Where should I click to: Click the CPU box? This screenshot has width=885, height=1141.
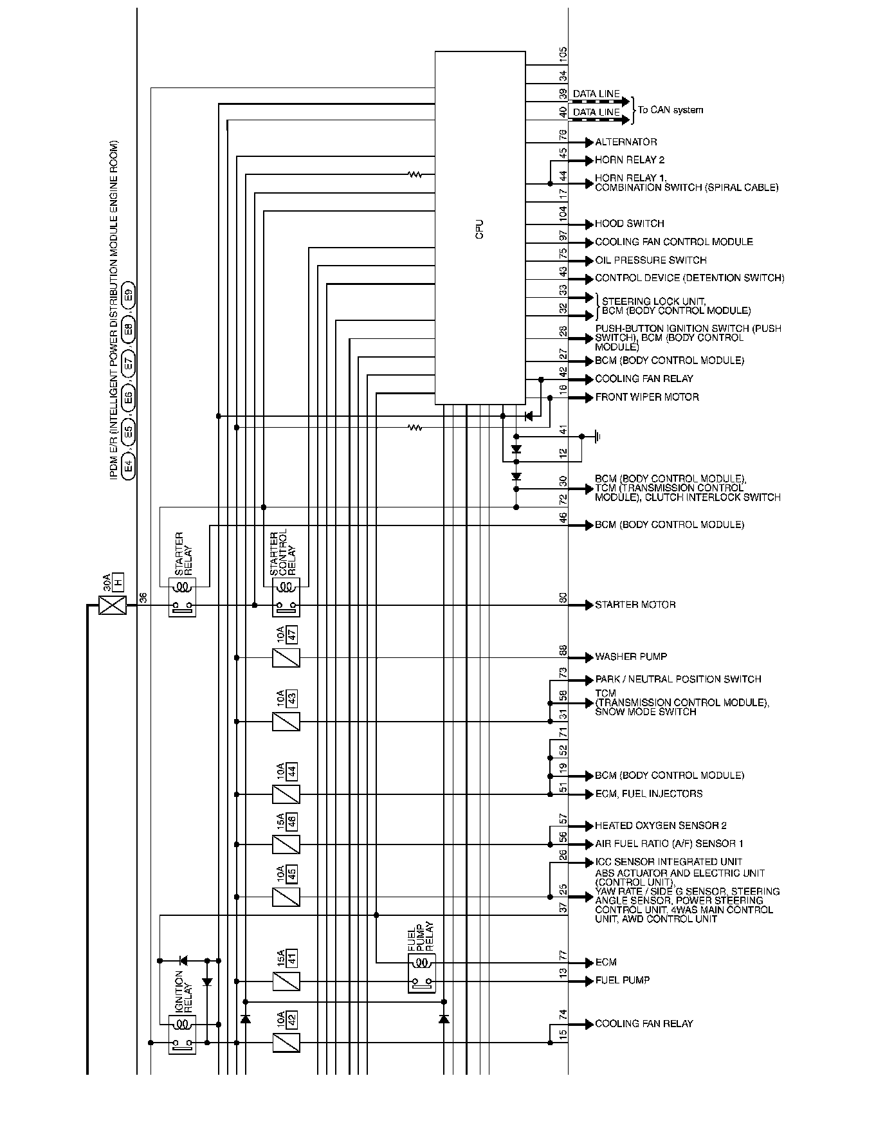480,228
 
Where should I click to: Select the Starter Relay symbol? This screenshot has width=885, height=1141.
182,597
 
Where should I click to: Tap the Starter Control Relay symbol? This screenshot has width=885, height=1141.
286,597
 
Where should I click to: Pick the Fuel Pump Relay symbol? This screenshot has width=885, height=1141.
421,973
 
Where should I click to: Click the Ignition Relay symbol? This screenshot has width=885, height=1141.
182,1034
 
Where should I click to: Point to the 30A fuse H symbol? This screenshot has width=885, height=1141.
113,605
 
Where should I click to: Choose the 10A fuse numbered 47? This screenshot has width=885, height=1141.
286,657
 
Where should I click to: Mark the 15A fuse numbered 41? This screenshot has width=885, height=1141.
286,981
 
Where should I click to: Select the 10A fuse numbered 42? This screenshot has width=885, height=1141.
286,1043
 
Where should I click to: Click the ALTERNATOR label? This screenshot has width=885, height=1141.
626,142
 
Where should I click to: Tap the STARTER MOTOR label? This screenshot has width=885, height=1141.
635,605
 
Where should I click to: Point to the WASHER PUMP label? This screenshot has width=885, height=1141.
630,657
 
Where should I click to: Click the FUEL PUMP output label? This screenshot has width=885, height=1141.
622,980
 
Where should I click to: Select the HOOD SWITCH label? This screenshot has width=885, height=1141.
629,224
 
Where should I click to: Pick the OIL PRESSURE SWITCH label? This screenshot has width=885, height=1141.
650,260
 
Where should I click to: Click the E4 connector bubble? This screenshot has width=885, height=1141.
129,466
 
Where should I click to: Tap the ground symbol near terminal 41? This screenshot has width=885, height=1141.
597,437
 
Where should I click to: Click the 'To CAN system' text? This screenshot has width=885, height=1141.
670,110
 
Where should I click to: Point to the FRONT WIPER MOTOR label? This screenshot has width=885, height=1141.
646,397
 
